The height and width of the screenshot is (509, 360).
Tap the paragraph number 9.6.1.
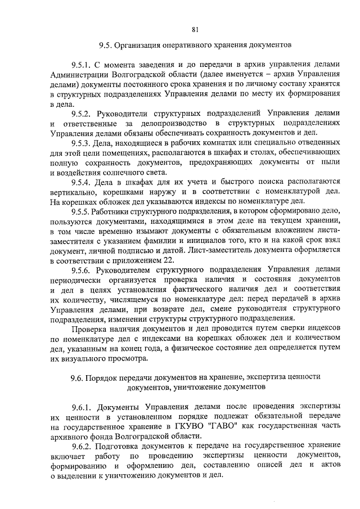tap(82, 408)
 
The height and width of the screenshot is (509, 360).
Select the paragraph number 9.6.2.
tap(82, 445)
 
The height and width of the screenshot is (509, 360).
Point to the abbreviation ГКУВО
tap(191, 427)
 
